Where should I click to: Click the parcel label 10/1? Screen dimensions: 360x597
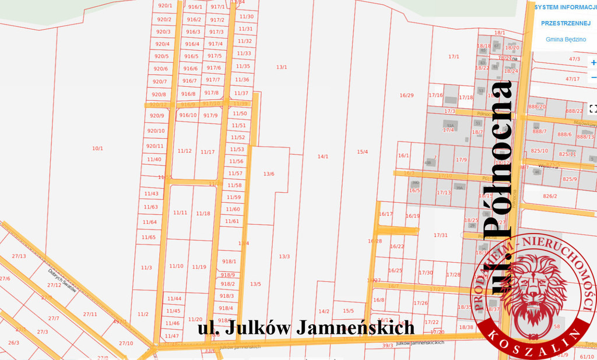tap(97, 149)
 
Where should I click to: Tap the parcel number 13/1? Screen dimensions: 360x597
tap(282, 68)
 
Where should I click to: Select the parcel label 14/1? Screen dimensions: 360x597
tap(323, 156)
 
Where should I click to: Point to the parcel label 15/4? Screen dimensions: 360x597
tap(363, 152)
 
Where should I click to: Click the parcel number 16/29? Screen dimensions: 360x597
tap(406, 95)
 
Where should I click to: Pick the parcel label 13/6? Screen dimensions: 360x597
tap(269, 174)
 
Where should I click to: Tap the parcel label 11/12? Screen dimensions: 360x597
tap(184, 151)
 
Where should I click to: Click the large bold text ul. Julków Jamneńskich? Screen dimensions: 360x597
tap(306, 328)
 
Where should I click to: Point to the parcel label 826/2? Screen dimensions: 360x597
tap(550, 196)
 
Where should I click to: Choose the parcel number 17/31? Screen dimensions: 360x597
tap(441, 235)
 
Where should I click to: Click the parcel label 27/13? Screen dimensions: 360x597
tap(19, 256)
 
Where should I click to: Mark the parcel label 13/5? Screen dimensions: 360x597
tap(255, 284)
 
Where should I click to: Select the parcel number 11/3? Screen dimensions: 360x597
tap(146, 268)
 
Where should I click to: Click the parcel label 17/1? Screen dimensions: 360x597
tap(454, 57)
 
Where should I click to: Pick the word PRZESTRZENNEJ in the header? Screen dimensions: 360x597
tap(566, 23)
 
